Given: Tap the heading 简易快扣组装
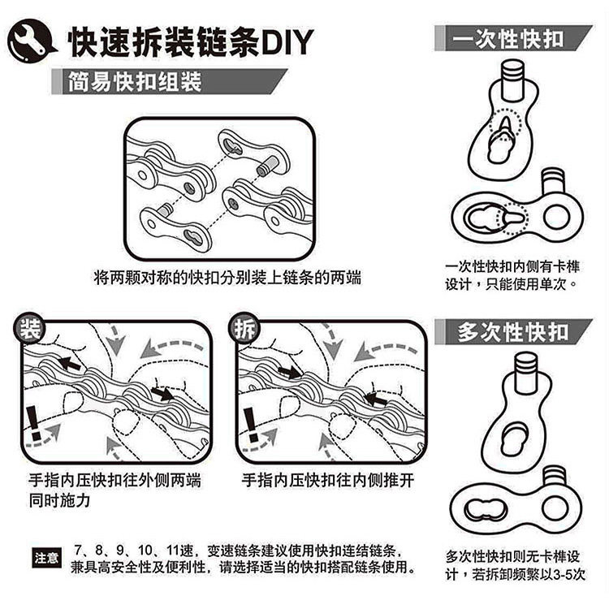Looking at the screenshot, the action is click(x=134, y=81).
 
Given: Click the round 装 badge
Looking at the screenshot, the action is click(x=29, y=329).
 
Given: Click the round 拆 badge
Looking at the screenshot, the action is click(x=244, y=329).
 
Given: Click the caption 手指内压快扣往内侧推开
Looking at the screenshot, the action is click(x=328, y=480).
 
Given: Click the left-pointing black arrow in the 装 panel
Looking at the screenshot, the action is click(x=68, y=365).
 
